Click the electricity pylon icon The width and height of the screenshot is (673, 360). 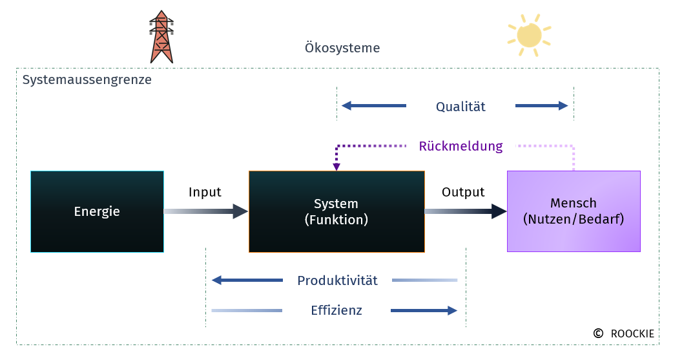[x=161, y=37]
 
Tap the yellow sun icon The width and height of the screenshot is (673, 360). [x=529, y=36]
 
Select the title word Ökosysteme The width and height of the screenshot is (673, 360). [x=342, y=47]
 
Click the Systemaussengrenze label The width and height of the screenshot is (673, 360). [x=87, y=80]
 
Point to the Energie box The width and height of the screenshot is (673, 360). [x=97, y=211]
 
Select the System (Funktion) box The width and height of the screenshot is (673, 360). [x=336, y=211]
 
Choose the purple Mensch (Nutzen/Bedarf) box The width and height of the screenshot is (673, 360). [x=574, y=211]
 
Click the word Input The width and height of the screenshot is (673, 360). [x=205, y=192]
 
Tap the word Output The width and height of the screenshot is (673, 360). [x=463, y=192]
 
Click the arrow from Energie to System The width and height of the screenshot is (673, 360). [x=206, y=211]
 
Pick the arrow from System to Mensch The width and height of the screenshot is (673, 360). [x=466, y=211]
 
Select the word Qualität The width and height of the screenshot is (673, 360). [x=461, y=107]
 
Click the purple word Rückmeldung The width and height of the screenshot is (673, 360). [x=461, y=146]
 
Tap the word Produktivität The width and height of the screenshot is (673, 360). [x=337, y=281]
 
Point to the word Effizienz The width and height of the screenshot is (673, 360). [x=336, y=310]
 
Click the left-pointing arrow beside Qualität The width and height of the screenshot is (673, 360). [x=374, y=106]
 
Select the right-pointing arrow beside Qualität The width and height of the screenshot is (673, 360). [x=542, y=106]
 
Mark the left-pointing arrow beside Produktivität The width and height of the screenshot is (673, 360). [x=247, y=280]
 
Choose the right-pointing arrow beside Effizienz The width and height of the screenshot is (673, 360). [x=424, y=311]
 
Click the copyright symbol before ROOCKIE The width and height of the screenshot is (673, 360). [x=598, y=334]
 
